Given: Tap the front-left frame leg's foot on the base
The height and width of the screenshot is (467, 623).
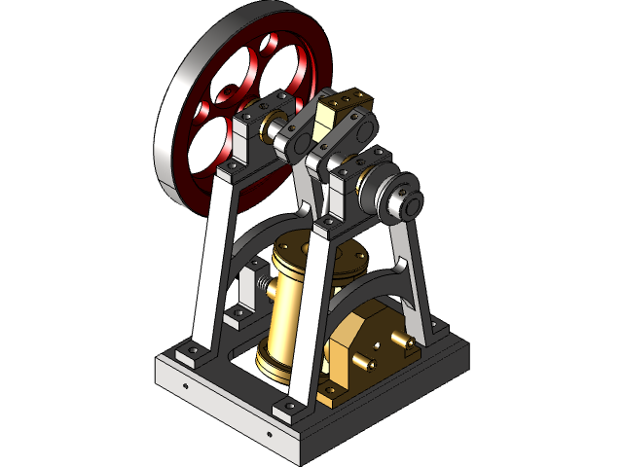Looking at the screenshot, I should click(x=191, y=356).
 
